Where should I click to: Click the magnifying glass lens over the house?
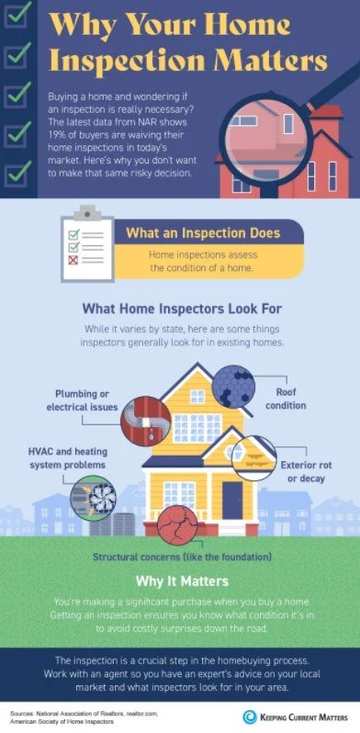(277, 128)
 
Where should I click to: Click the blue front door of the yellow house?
(232, 500)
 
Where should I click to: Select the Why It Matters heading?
(181, 581)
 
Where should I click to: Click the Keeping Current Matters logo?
(296, 714)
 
